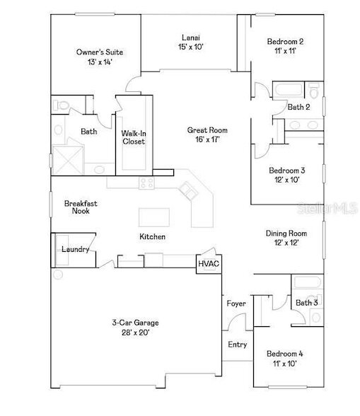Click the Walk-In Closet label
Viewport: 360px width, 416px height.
[133, 137]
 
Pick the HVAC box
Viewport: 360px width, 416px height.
[209, 263]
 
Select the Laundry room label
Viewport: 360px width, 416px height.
[75, 249]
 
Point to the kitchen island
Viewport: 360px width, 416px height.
[155, 216]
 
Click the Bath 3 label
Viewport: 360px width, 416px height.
[307, 303]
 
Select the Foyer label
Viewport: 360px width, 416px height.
[236, 304]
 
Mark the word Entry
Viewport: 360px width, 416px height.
[236, 345]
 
